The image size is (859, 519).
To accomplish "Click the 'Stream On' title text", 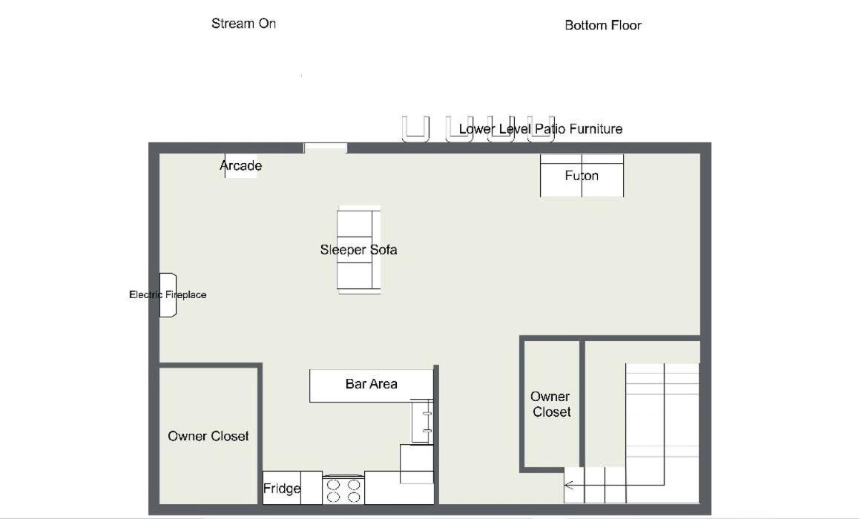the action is [x=244, y=24].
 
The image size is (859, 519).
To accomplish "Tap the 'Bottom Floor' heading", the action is [x=602, y=25].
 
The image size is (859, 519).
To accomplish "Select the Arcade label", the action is [x=240, y=165].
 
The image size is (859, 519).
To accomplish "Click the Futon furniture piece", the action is [x=582, y=176].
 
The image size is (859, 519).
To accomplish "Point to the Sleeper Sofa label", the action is [x=358, y=250].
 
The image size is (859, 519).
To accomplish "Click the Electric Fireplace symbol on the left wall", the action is [x=168, y=294].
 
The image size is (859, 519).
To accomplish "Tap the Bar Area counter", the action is [x=371, y=386].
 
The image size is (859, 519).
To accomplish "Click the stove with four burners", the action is [x=343, y=490].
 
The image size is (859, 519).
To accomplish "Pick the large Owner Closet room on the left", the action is [x=208, y=436].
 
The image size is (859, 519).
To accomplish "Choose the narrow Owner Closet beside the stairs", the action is [x=551, y=404].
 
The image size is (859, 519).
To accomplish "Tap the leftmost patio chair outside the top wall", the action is [x=415, y=129].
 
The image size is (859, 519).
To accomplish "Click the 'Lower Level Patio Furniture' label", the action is [x=541, y=129].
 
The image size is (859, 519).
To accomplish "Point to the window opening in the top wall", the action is [x=326, y=148].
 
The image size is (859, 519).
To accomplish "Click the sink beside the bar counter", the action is [x=422, y=421].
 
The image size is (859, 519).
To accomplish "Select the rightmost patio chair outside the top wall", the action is [x=541, y=129].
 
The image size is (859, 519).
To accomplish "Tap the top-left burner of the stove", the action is [x=333, y=485].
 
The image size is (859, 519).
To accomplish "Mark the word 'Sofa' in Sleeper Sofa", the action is [x=383, y=250].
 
